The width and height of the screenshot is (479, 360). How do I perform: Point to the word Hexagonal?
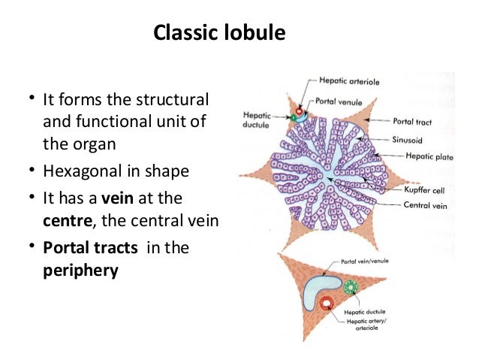pos(76,171)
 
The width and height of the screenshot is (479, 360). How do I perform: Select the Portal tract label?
pos(412,120)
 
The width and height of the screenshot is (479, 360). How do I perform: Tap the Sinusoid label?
pos(407,140)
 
